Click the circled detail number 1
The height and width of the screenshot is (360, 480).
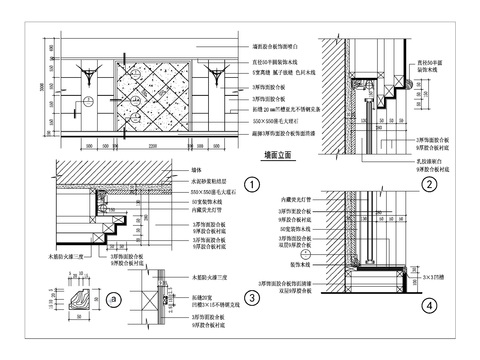coord(253,184)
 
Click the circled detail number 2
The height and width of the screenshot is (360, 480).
coord(428,183)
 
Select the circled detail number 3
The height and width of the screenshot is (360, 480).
coord(253,297)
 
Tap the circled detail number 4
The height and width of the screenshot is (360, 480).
coord(428,304)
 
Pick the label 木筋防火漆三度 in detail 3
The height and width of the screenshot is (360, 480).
coord(212,276)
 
